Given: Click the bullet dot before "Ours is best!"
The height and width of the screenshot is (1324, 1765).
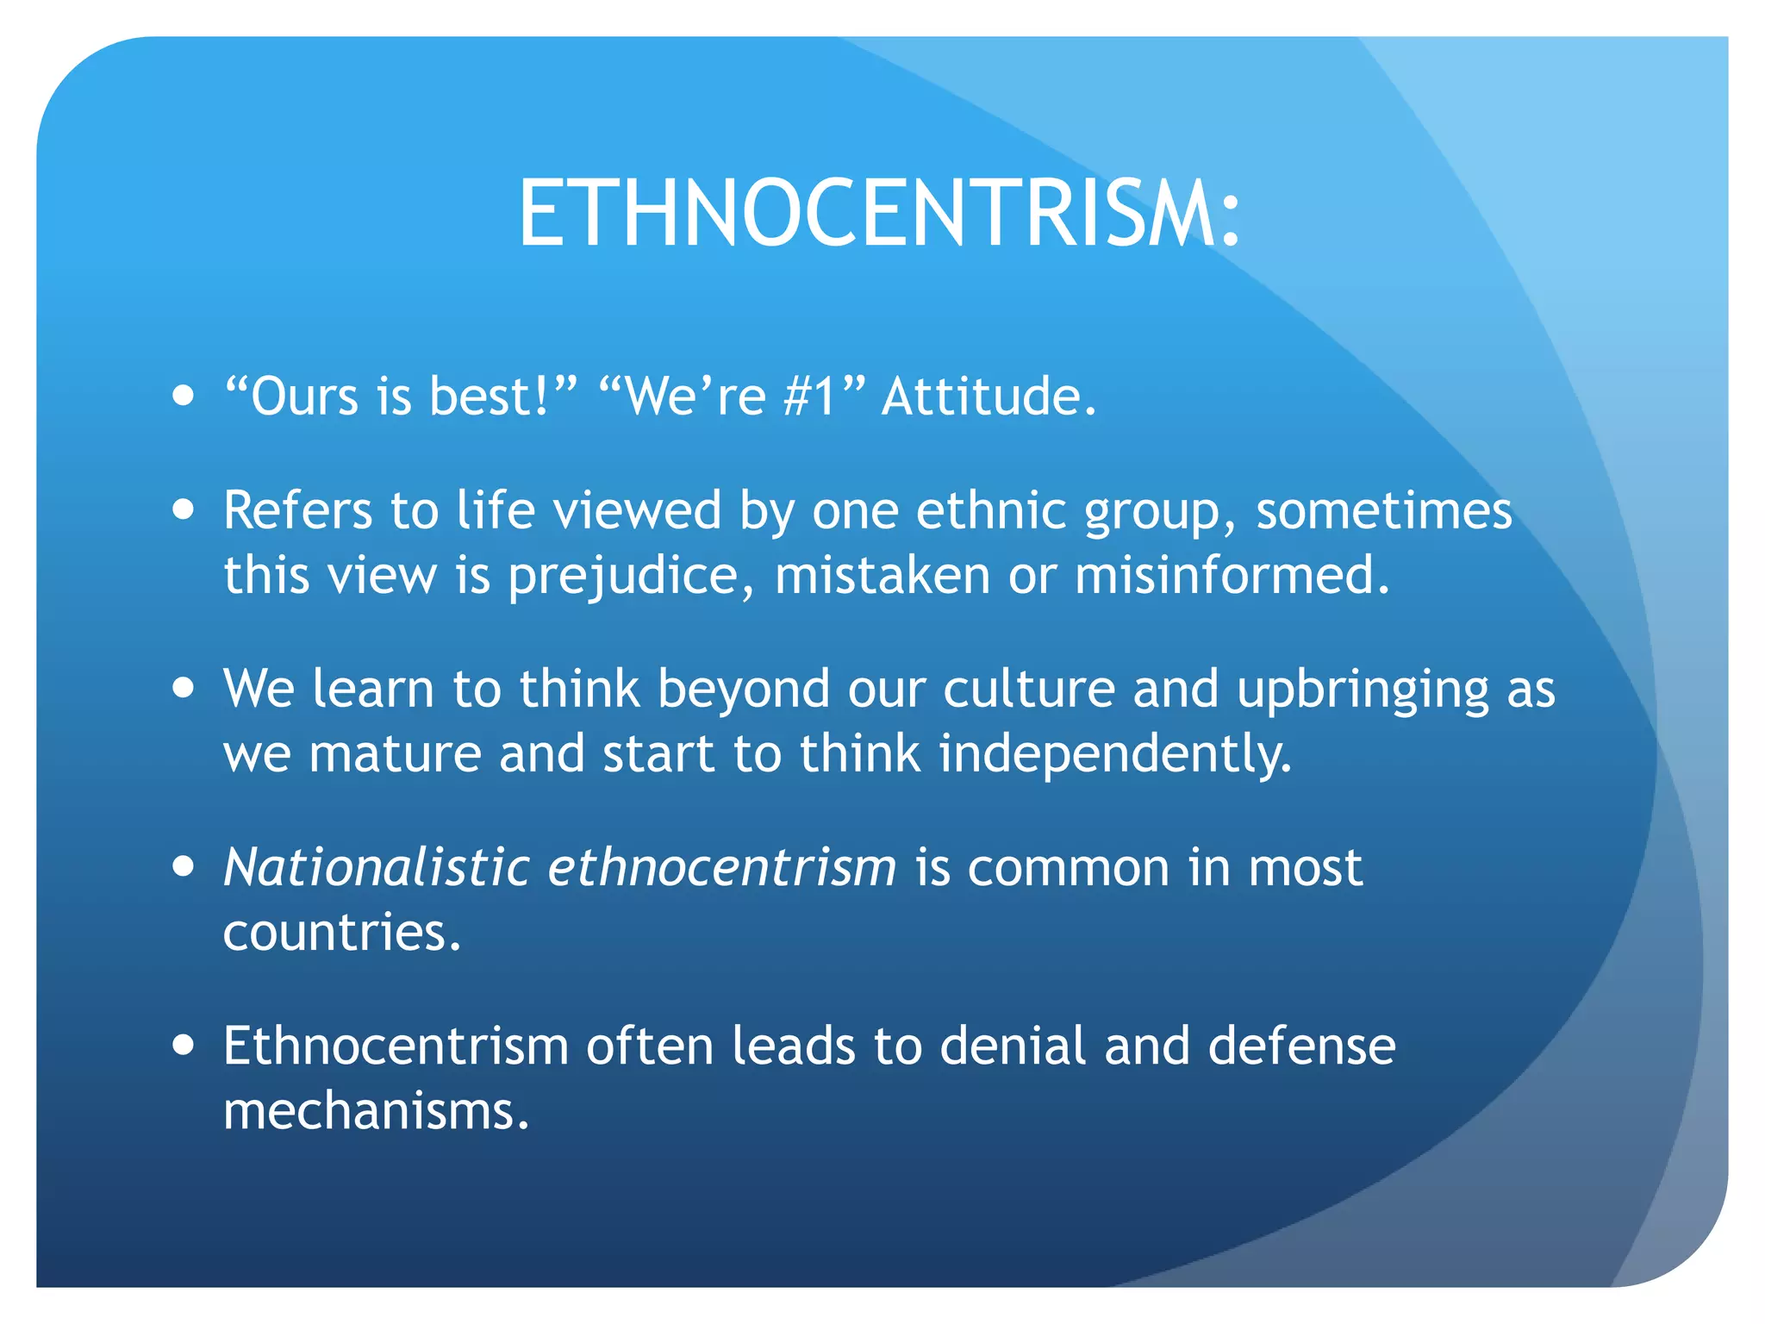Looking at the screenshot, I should point(183,397).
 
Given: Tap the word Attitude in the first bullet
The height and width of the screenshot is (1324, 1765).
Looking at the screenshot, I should point(989,397).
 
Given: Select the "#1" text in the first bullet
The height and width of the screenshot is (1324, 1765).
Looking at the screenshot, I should point(809,397).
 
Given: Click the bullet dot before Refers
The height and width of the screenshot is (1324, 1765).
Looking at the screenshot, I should point(183,509).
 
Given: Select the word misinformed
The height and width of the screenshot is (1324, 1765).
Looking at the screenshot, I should point(1232,575).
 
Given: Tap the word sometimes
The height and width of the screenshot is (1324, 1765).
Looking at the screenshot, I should point(1383,510).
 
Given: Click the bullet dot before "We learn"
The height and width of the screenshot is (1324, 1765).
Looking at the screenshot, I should point(183,689).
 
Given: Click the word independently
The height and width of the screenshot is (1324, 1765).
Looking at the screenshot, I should point(1115,754).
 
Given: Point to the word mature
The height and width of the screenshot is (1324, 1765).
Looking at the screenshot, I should point(395,754).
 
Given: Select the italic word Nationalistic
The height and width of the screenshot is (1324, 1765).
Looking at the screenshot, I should point(377,867).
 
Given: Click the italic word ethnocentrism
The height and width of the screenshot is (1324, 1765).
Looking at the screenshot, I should point(722,867).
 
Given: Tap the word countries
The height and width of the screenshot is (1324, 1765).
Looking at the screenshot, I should point(341,933).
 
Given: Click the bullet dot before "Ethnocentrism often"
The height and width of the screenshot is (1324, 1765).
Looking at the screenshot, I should point(183,1046).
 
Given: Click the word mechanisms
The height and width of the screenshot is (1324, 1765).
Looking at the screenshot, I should point(376,1111).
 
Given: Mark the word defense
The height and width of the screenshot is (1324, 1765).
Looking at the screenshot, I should point(1301,1046).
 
